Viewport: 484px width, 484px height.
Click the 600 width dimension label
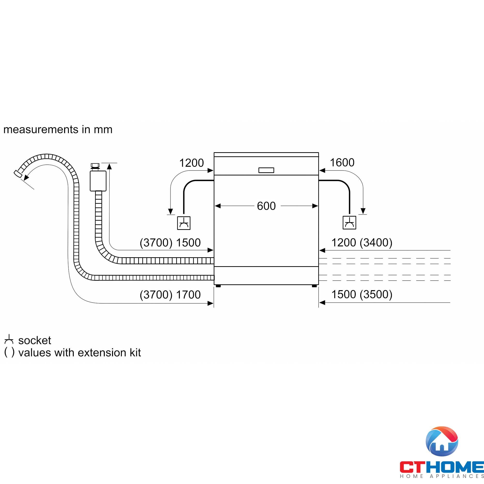[x=266, y=206]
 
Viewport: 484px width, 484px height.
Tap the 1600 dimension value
[x=342, y=163]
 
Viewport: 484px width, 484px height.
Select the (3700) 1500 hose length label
[x=170, y=242]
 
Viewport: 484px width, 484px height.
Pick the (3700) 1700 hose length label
[x=170, y=295]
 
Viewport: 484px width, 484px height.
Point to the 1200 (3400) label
[x=362, y=242]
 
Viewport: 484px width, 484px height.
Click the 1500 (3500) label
[x=362, y=294]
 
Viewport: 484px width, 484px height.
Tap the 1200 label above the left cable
[x=191, y=163]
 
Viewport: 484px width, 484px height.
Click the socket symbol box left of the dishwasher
[x=184, y=223]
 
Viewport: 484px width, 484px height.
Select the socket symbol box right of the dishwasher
[x=349, y=222]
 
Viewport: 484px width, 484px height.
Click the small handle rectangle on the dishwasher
[x=266, y=170]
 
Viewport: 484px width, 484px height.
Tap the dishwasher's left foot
[x=218, y=286]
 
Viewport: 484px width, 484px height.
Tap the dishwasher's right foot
[x=314, y=286]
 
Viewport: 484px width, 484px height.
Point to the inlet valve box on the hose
[x=98, y=181]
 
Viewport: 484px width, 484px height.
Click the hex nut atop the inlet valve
[x=95, y=165]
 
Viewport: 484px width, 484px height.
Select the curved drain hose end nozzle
[x=17, y=173]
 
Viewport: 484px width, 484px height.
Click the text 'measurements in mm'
[x=58, y=129]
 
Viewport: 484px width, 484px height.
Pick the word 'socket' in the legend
[x=35, y=340]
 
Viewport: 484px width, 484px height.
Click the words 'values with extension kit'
[x=79, y=353]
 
